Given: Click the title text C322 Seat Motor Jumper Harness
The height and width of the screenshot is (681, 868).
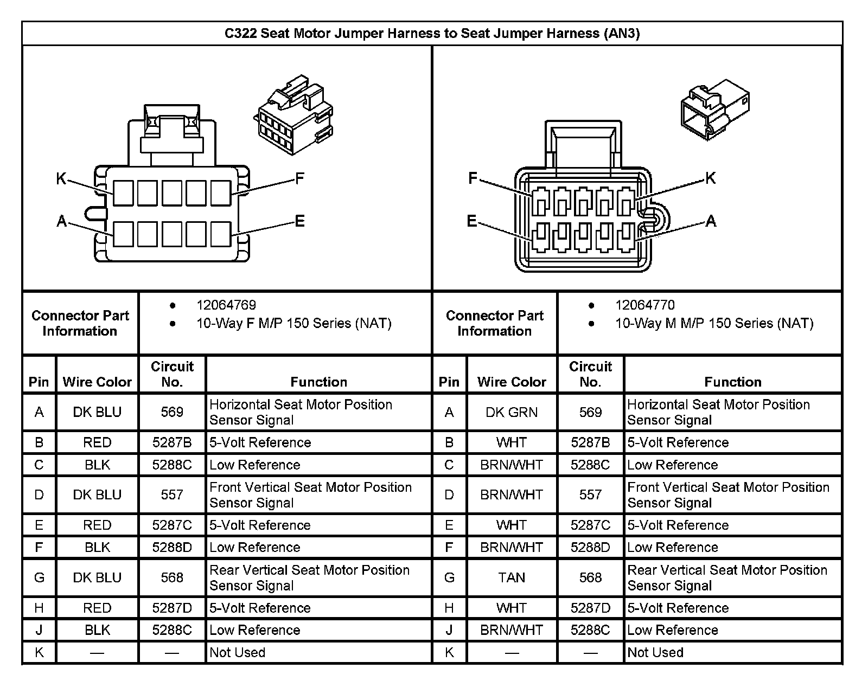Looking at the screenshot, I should [432, 34].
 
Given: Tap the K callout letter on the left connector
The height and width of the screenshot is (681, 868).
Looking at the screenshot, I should [61, 178].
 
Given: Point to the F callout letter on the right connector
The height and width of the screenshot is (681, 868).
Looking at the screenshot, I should [473, 178].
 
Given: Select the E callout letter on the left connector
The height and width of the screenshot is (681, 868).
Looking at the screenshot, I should [299, 221].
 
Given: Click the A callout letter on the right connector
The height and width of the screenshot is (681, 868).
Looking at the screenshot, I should [711, 221].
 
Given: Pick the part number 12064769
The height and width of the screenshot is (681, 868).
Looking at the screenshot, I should [226, 305].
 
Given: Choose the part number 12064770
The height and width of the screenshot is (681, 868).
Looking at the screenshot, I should [645, 305].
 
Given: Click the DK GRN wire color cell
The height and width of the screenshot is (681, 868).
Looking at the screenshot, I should [512, 413].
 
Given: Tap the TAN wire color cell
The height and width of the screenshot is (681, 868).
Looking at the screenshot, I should [512, 578].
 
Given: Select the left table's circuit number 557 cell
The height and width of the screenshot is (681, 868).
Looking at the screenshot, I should [172, 495].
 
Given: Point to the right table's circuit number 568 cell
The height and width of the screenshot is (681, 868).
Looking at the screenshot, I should [590, 578].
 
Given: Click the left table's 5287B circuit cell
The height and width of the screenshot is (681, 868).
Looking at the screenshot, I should [172, 443].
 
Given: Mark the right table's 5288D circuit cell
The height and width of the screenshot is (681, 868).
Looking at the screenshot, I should [590, 548].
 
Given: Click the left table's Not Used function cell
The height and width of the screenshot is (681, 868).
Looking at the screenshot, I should [238, 653].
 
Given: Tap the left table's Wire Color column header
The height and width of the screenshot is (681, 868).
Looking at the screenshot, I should [97, 382].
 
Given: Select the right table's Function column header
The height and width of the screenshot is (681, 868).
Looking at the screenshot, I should [732, 382].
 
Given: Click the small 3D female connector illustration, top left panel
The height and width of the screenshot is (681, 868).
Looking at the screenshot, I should [293, 115].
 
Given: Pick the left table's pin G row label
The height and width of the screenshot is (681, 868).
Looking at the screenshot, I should [39, 578].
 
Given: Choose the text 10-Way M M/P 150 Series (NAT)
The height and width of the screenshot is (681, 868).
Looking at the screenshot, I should [714, 324].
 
